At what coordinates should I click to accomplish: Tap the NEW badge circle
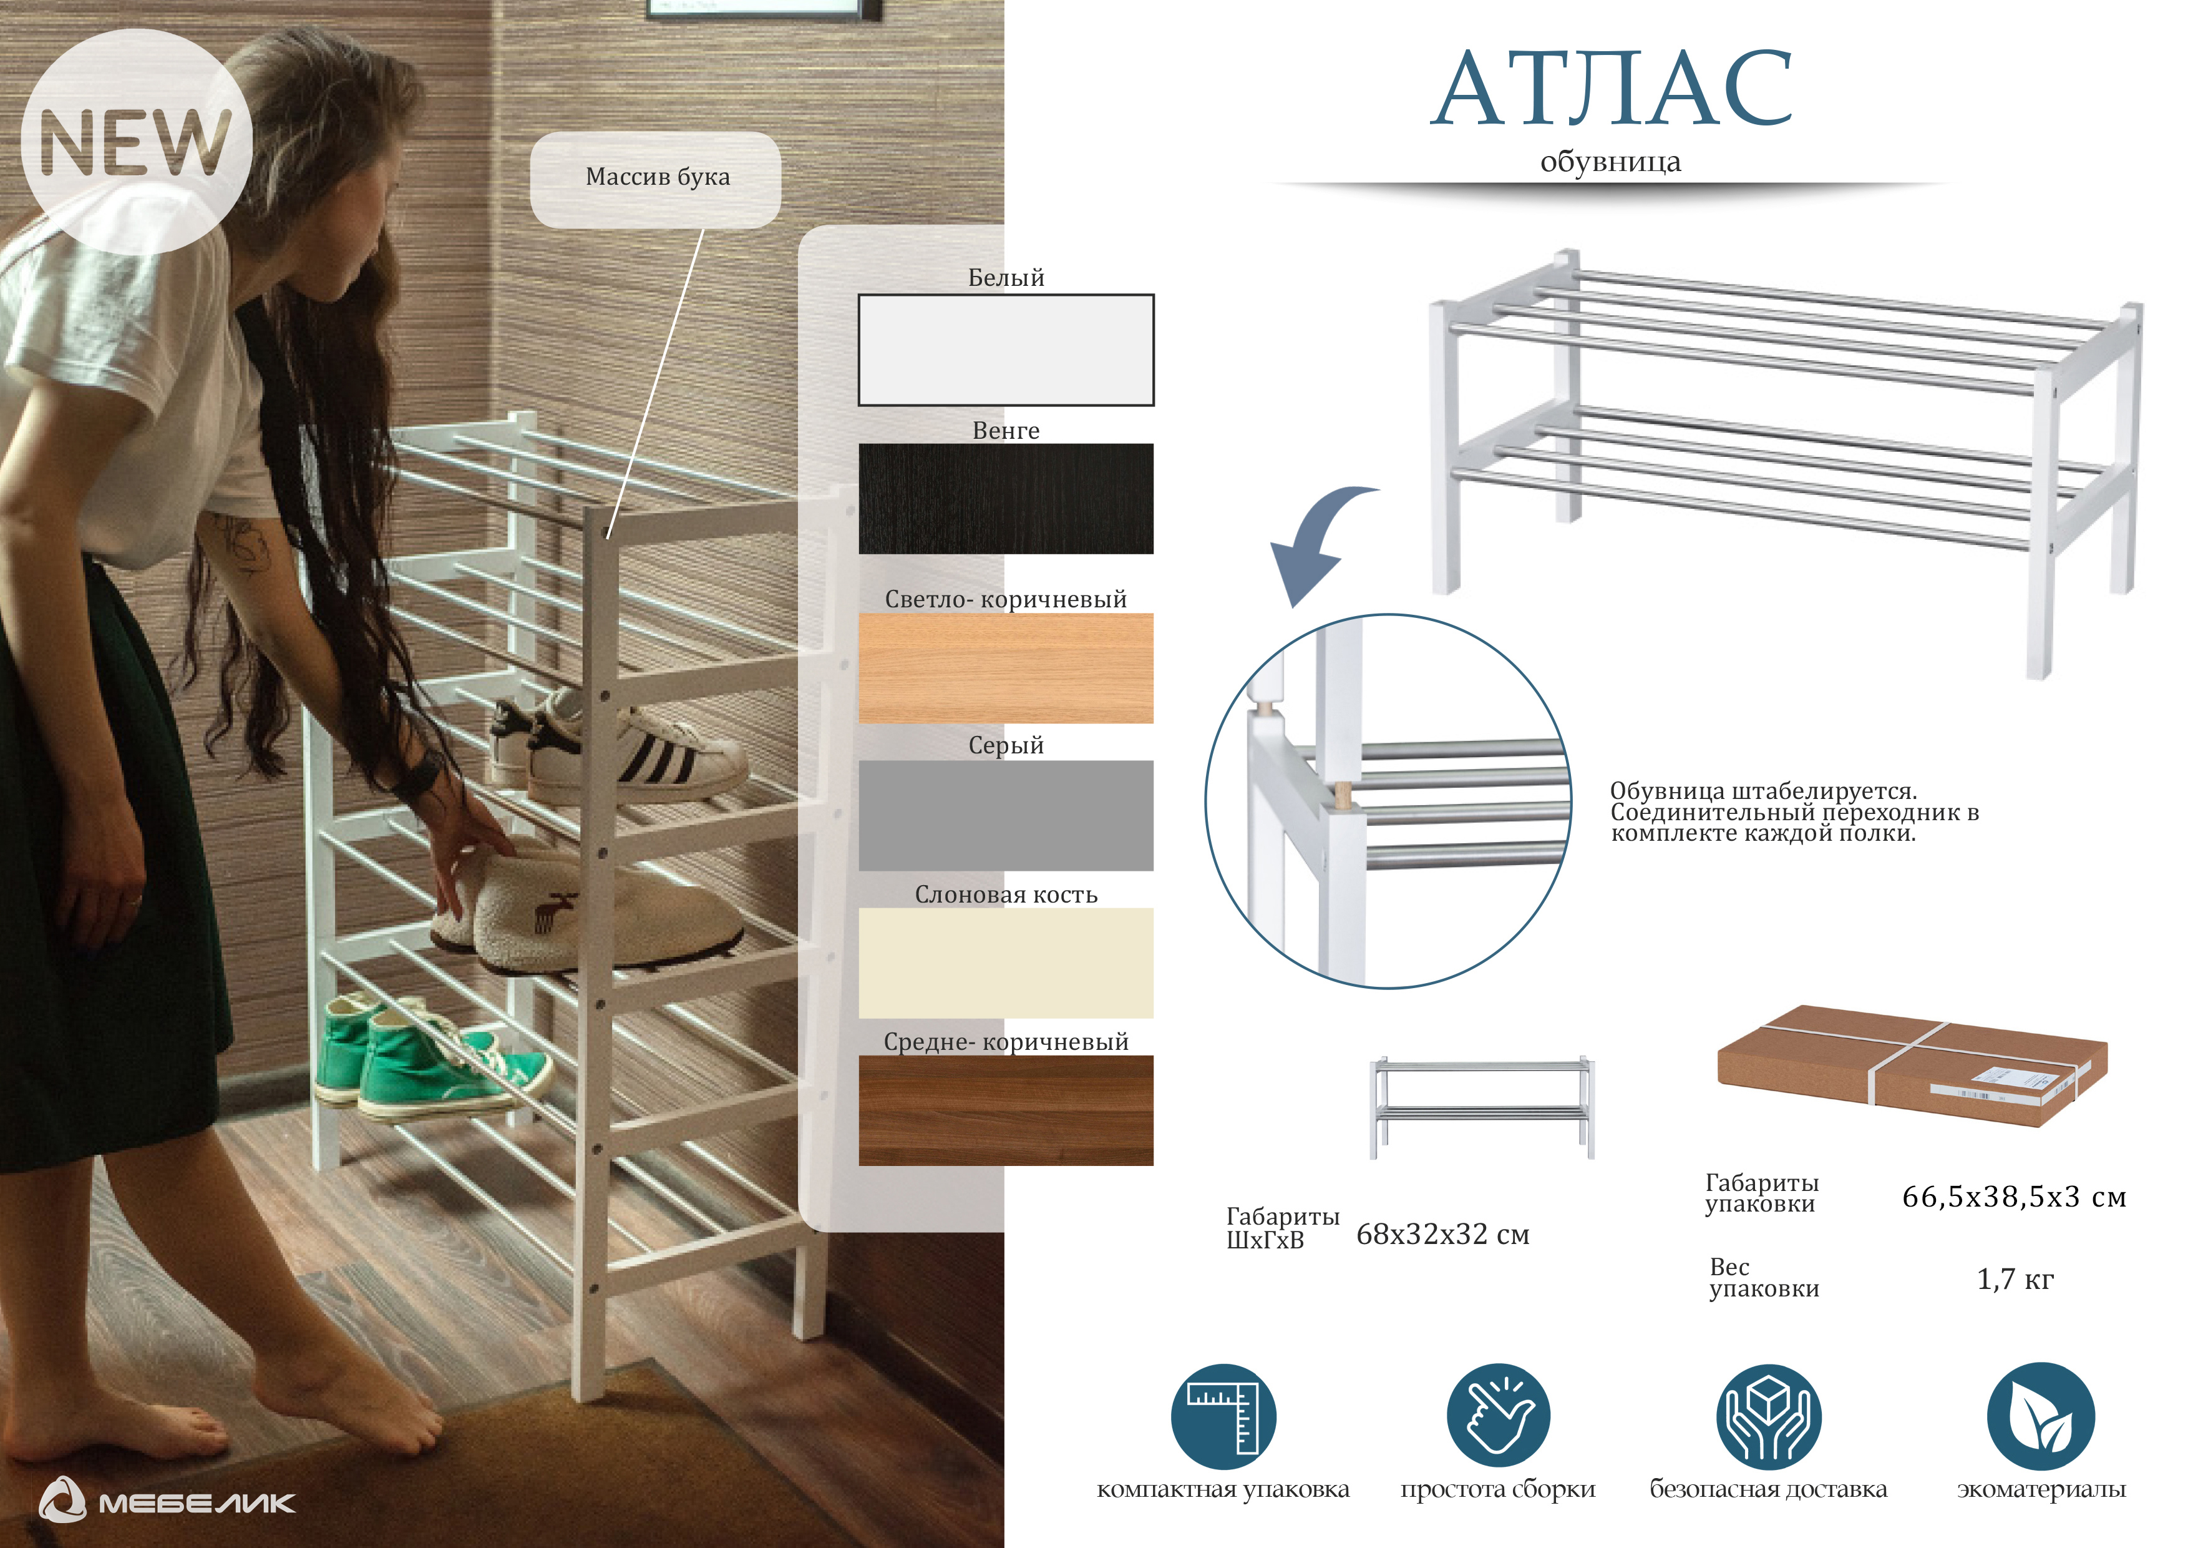tap(136, 141)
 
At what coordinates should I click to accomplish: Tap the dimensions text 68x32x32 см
tap(1443, 1235)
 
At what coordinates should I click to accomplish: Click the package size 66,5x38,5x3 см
tap(2013, 1197)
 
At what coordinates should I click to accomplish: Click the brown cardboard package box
tap(1912, 1065)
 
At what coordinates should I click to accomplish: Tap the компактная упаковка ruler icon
tap(1223, 1416)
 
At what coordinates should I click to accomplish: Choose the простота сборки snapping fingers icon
tap(1498, 1416)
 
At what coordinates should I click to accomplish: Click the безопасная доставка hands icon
tap(1769, 1416)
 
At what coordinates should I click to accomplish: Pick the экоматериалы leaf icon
tap(2040, 1416)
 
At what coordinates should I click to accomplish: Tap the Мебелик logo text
tap(197, 1503)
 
